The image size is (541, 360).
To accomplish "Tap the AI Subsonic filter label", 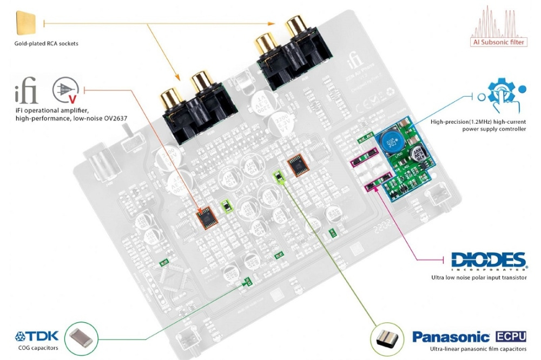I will [x=499, y=42].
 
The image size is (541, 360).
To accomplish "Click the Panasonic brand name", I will [x=451, y=337].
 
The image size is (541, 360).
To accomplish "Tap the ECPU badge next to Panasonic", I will [x=511, y=336].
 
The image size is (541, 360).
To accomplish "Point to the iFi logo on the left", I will [x=27, y=92].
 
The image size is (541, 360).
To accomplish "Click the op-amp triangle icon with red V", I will [x=63, y=91].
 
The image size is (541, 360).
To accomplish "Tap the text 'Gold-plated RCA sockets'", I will [x=47, y=43].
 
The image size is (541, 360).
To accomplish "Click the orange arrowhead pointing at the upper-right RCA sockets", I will [x=270, y=23].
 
